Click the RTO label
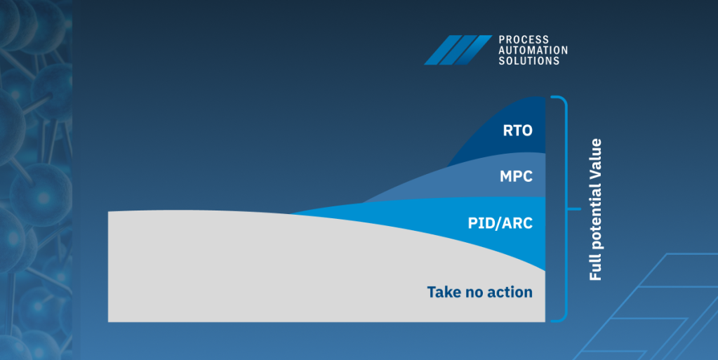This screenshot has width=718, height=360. (x=517, y=131)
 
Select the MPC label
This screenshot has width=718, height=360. (x=516, y=176)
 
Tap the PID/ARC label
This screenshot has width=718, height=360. (x=500, y=223)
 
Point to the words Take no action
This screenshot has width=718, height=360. (x=480, y=292)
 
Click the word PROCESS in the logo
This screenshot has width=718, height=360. (x=524, y=40)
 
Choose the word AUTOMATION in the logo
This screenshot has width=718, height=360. (x=533, y=51)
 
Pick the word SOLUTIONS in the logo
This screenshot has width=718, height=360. (x=529, y=61)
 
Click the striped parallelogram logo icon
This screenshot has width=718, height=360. (x=458, y=50)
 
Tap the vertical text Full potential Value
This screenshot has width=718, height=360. (x=595, y=209)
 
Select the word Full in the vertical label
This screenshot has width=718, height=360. (x=595, y=269)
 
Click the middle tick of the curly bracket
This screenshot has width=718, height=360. (x=574, y=209)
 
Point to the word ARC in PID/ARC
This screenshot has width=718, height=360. (x=518, y=223)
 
